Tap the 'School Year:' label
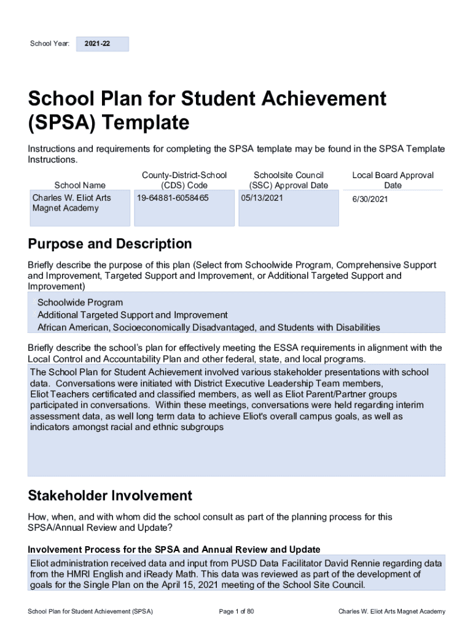click(50, 44)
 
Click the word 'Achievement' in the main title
click(314, 99)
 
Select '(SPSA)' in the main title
click(62, 123)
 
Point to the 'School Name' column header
click(80, 185)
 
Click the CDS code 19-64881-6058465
click(173, 198)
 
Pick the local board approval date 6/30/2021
click(369, 199)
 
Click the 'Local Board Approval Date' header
click(393, 180)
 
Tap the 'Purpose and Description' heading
click(110, 244)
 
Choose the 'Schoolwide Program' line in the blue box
click(80, 303)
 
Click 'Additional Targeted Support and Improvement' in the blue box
click(133, 315)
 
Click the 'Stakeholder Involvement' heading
click(110, 495)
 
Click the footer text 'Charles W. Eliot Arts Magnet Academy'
click(391, 612)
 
